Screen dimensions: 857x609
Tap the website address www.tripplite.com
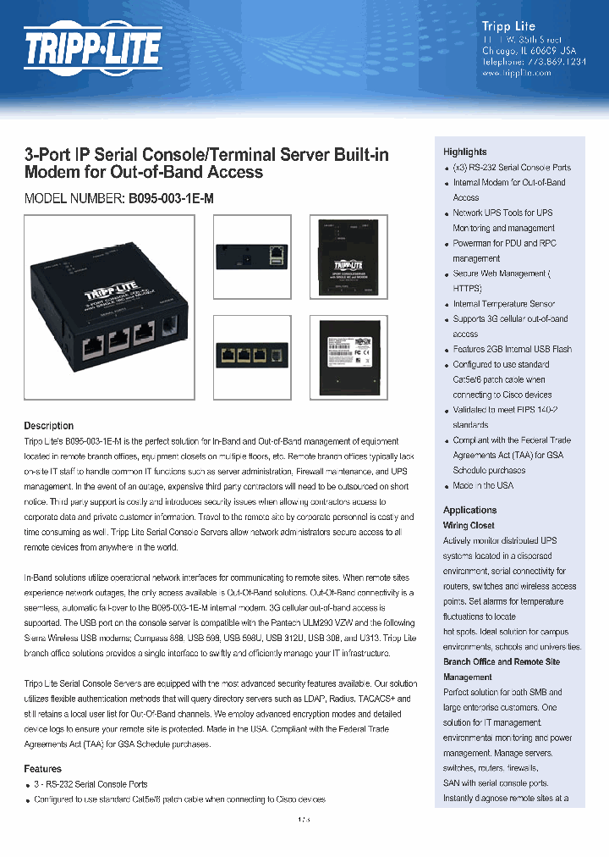(x=516, y=74)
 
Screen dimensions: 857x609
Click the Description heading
(x=48, y=426)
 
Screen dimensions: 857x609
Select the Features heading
(x=42, y=769)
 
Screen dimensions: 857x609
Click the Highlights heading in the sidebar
(x=464, y=152)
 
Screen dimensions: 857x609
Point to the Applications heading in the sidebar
(x=469, y=510)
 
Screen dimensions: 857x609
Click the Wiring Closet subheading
(x=469, y=525)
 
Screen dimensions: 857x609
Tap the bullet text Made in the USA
(x=483, y=486)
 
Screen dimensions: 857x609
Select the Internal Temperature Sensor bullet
(x=504, y=304)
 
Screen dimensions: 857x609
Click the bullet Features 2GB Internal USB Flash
(x=512, y=349)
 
